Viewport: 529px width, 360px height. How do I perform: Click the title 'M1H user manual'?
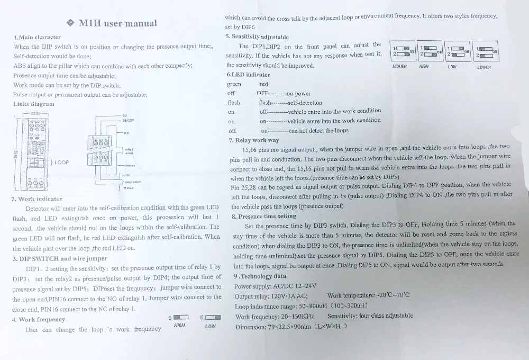[117, 23]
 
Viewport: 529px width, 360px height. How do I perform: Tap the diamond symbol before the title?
[71, 23]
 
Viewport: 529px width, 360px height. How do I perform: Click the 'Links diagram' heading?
[33, 104]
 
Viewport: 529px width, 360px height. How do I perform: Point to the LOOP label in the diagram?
[62, 162]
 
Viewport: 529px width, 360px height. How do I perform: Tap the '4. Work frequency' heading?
[39, 319]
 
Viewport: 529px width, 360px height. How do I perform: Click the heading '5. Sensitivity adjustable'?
[257, 37]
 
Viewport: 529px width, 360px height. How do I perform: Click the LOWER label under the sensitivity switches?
[484, 67]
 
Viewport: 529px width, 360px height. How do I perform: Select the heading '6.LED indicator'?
[248, 75]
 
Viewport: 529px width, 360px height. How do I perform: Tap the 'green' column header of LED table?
[234, 84]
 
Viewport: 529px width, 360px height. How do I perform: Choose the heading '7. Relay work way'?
[254, 140]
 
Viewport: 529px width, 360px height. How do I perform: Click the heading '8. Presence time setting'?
[264, 216]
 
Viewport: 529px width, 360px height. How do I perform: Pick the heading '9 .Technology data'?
[260, 276]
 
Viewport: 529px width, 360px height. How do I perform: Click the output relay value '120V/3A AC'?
[286, 296]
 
